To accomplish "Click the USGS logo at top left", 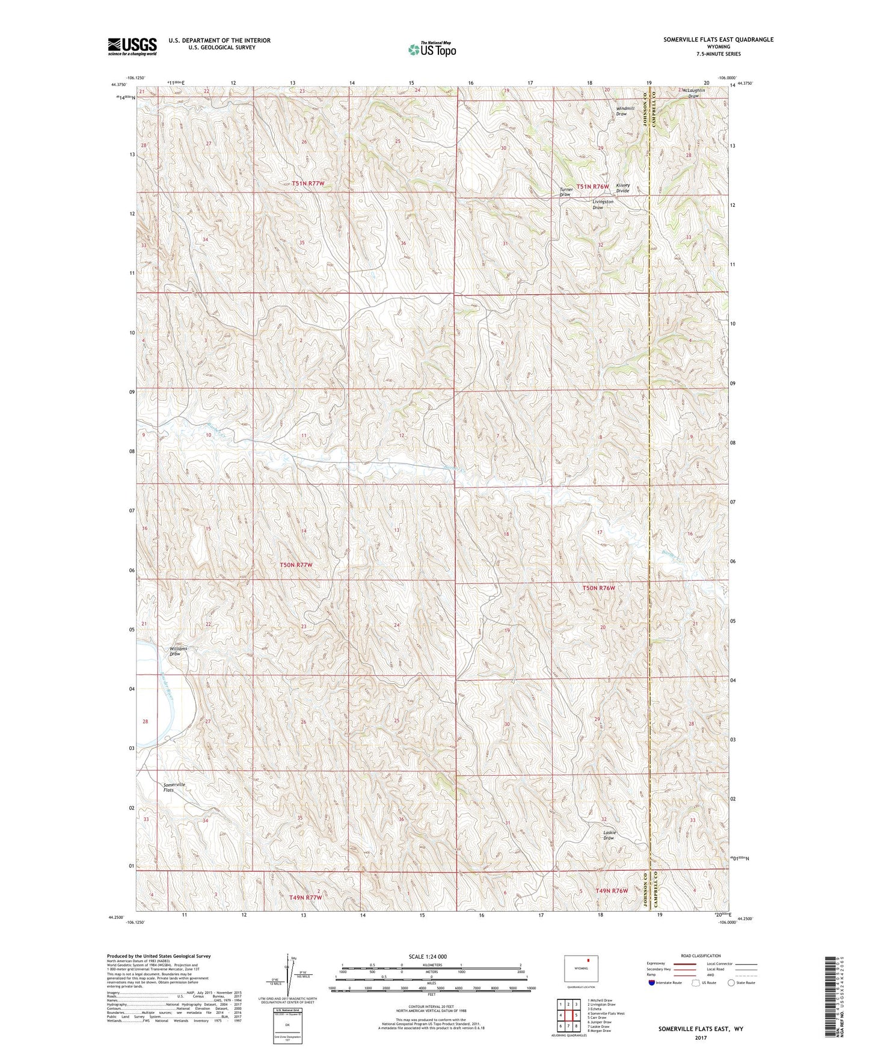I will tap(132, 46).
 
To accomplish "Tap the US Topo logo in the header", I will tap(432, 49).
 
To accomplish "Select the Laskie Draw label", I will tap(609, 835).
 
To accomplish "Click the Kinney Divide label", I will tap(622, 188).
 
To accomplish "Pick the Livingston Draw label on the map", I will tap(603, 204).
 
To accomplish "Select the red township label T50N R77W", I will tap(296, 565).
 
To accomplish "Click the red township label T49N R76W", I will tap(612, 891).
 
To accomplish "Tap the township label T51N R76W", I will tap(593, 186).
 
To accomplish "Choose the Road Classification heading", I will tap(701, 956).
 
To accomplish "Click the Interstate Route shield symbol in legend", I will tap(653, 983).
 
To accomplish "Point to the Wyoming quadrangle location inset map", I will tap(581, 969).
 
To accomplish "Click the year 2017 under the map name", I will tap(700, 1037).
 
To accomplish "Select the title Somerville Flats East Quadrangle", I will tap(718, 40).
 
